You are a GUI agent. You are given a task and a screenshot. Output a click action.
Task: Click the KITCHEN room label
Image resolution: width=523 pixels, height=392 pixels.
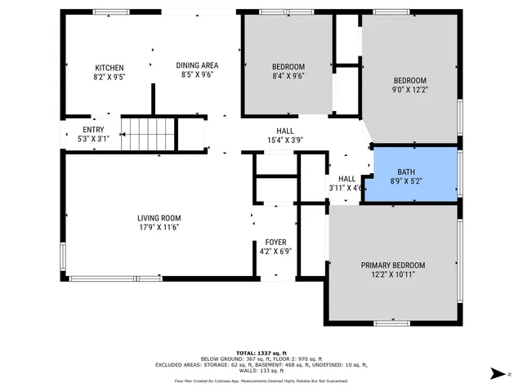coord(109,68)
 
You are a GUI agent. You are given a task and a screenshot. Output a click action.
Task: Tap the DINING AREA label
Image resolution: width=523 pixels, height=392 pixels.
coord(197,65)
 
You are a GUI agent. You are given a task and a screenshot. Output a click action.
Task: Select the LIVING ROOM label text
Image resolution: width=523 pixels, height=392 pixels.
coord(159,218)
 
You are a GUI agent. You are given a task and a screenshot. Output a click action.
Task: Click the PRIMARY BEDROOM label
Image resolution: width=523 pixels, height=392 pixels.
coord(393,265)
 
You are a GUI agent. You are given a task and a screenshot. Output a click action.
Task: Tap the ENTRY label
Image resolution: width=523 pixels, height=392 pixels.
coord(93,129)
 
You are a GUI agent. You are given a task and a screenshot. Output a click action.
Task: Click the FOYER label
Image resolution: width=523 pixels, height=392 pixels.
coord(275,243)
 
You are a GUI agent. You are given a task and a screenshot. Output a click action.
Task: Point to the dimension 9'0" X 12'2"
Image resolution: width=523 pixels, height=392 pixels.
coord(410,91)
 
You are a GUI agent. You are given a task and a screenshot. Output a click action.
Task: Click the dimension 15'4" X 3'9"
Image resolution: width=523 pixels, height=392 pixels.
coord(285,140)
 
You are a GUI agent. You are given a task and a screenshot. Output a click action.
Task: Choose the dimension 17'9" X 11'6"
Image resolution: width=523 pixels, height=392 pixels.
coord(159,229)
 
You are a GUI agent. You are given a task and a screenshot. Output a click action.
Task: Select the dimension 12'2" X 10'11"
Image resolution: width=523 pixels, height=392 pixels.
coord(393,276)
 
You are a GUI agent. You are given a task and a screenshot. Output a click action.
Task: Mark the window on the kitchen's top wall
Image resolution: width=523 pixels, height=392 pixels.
coord(110,11)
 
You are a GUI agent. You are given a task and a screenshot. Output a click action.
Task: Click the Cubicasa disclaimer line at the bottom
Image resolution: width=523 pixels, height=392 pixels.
coord(261,381)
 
